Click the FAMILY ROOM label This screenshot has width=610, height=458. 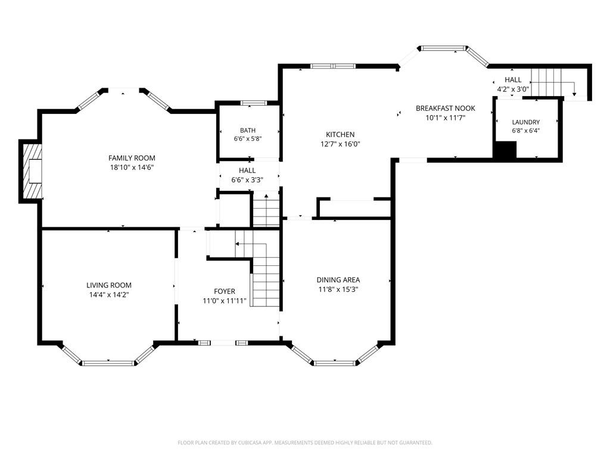click(x=132, y=158)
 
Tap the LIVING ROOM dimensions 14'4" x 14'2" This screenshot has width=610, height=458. click(x=109, y=295)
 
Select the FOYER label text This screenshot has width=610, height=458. click(x=225, y=291)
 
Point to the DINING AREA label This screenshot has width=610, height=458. click(x=338, y=280)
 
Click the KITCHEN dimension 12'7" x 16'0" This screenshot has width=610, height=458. click(x=340, y=144)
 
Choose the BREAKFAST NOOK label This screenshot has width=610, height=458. click(x=446, y=109)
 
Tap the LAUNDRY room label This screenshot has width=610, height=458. click(x=525, y=122)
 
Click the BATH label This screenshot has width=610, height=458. click(x=248, y=131)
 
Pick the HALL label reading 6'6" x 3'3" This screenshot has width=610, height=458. click(x=247, y=180)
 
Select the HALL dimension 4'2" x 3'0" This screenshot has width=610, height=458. click(x=513, y=89)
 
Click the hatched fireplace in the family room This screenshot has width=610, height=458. click(x=32, y=171)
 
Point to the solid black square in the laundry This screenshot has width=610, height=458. click(x=505, y=150)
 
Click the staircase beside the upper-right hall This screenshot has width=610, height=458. click(x=547, y=82)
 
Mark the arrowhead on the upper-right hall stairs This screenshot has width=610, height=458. click(x=574, y=94)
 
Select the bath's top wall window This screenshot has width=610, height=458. click(x=253, y=103)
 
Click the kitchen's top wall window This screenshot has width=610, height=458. click(x=333, y=66)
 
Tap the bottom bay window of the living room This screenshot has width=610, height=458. click(x=108, y=363)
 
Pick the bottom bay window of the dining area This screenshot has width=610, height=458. click(x=335, y=363)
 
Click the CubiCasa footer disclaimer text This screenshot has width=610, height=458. click(x=305, y=443)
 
